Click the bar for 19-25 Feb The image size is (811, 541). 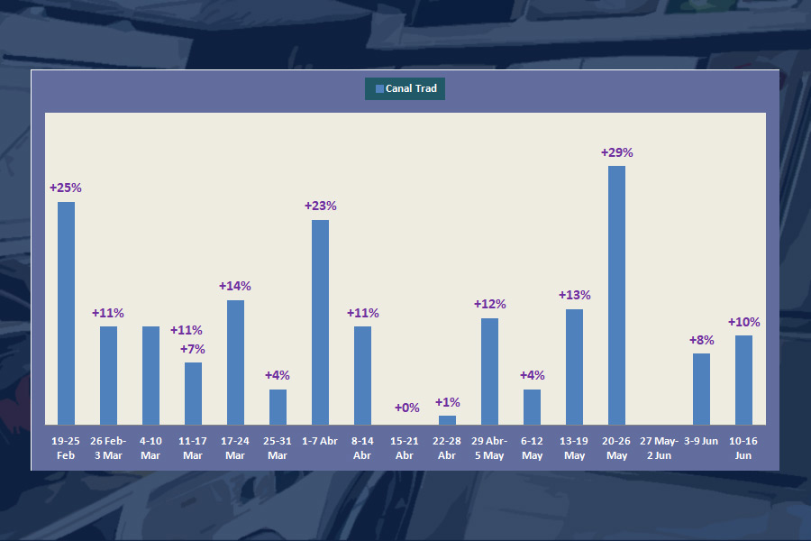click(66, 313)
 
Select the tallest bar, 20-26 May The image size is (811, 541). click(616, 295)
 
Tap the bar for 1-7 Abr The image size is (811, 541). click(320, 322)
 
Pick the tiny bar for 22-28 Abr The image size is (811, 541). click(447, 420)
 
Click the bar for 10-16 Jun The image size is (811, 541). click(743, 380)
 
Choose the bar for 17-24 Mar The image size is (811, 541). click(235, 362)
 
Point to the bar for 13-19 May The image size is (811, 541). click(574, 366)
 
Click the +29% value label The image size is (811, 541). click(616, 152)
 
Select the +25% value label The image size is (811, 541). click(66, 188)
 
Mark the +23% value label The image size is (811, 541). click(320, 206)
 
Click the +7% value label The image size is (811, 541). click(193, 349)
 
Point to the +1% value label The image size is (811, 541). click(447, 402)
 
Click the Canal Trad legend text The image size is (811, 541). click(412, 88)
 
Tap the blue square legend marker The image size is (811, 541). click(379, 88)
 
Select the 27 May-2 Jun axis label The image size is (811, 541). click(659, 448)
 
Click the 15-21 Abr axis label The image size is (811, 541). click(405, 448)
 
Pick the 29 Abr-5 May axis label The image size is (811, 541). click(489, 448)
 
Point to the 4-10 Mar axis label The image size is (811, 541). click(150, 448)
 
